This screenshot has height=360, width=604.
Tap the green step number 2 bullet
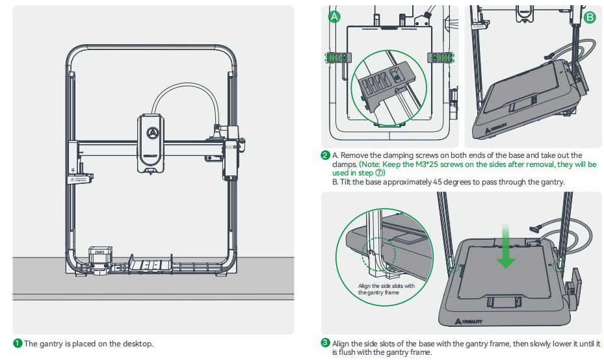click(325, 155)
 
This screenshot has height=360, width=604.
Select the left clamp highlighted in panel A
click(337, 57)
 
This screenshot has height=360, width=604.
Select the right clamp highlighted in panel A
click(440, 57)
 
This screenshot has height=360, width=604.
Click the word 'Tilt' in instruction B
click(347, 183)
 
